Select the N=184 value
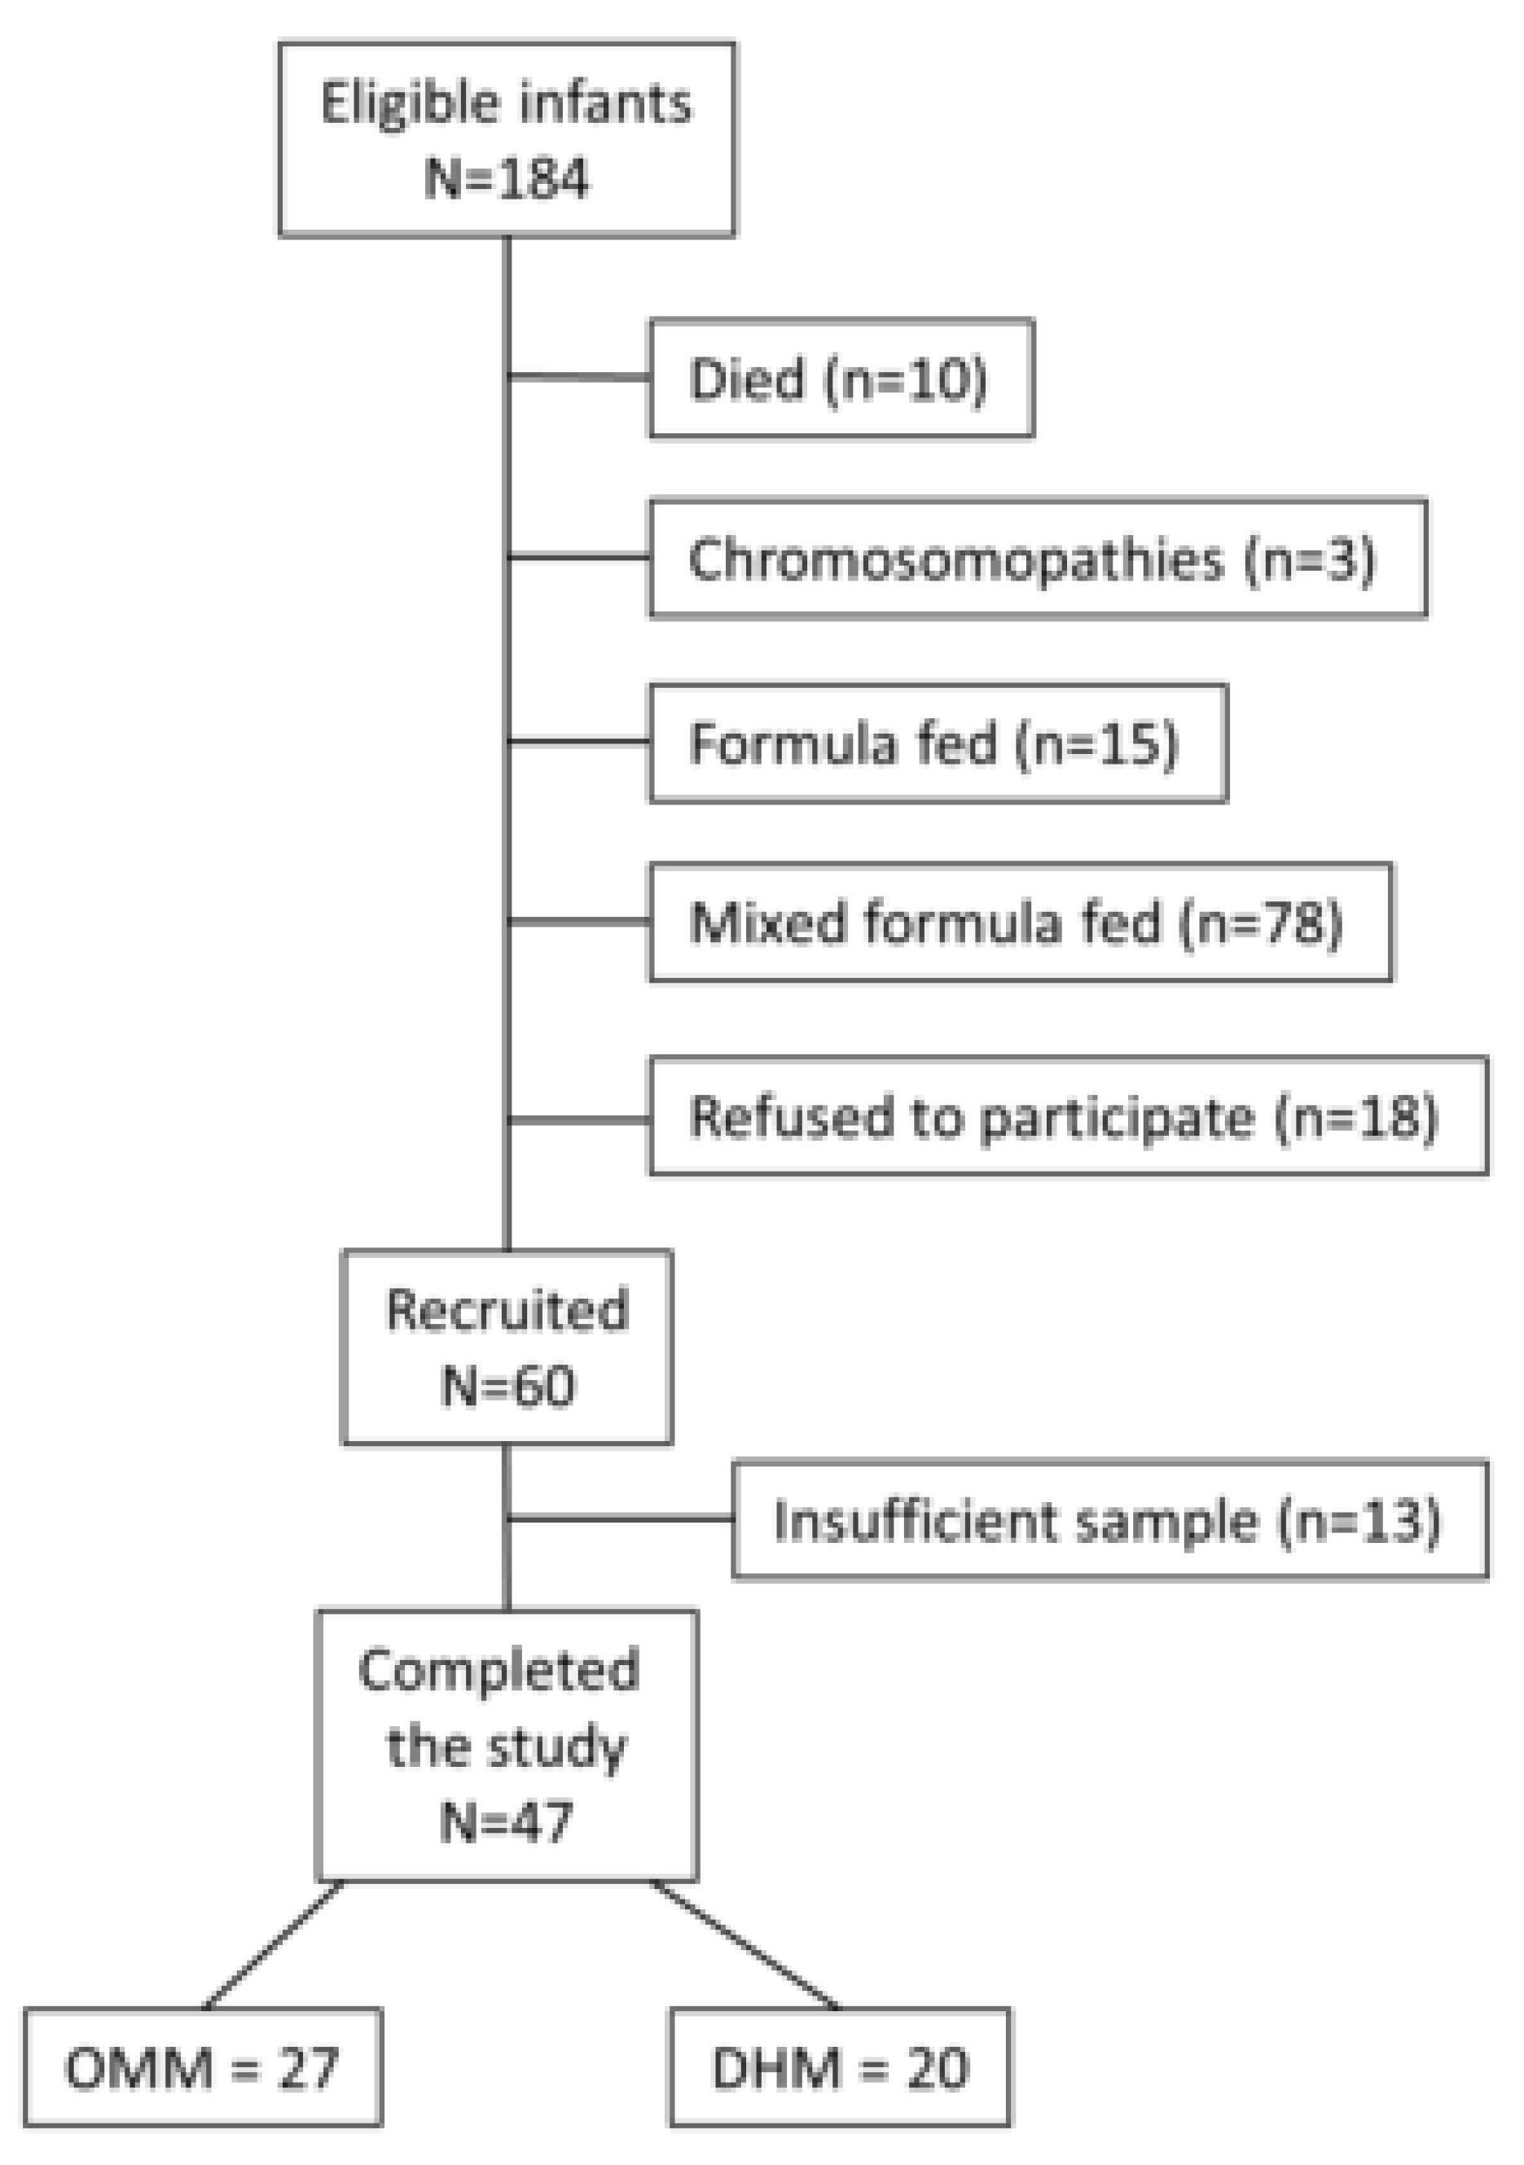(x=507, y=177)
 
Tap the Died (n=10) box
(x=841, y=378)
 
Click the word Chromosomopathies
(x=955, y=559)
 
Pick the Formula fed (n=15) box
(x=938, y=743)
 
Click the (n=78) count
(x=1262, y=923)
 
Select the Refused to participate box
(x=1068, y=1116)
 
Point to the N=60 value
(x=507, y=1386)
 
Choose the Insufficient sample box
(x=1109, y=1520)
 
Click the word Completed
(x=498, y=1670)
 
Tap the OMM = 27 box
(x=203, y=2069)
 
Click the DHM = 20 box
(x=839, y=2069)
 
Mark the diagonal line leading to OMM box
(x=274, y=1944)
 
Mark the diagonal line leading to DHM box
(x=744, y=1944)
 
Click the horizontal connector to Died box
(x=579, y=377)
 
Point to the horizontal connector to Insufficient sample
(x=621, y=1519)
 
